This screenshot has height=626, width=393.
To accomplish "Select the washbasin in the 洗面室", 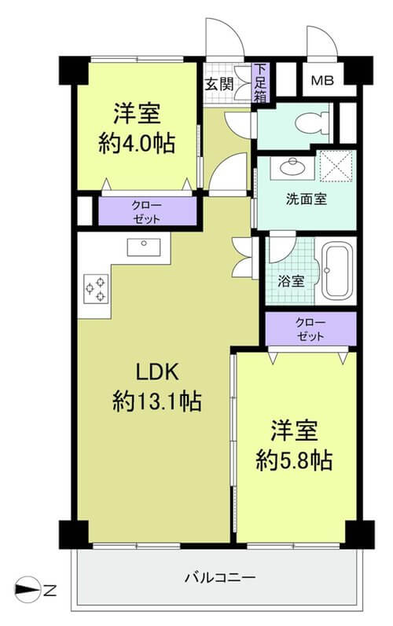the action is coord(292,167).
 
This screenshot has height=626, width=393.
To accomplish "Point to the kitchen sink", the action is coord(144,247).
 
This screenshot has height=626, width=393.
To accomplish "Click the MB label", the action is coord(322,81).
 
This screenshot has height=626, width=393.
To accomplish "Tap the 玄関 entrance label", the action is coord(219,85).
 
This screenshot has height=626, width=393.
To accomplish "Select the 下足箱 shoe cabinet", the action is coord(260,82).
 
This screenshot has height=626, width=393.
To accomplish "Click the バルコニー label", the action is coord(220,577).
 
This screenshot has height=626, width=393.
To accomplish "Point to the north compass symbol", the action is coord(28,589).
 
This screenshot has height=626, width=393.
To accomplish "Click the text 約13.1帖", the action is coord(157,401).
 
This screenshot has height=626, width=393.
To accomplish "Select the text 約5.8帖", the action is coord(294,460).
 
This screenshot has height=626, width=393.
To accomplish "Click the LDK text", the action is coord(157,372).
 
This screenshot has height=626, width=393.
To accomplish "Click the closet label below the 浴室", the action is coord(310,329).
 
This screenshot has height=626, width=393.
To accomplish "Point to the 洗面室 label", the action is coord(307,199).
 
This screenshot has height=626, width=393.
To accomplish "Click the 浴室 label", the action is coord(291,281).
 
